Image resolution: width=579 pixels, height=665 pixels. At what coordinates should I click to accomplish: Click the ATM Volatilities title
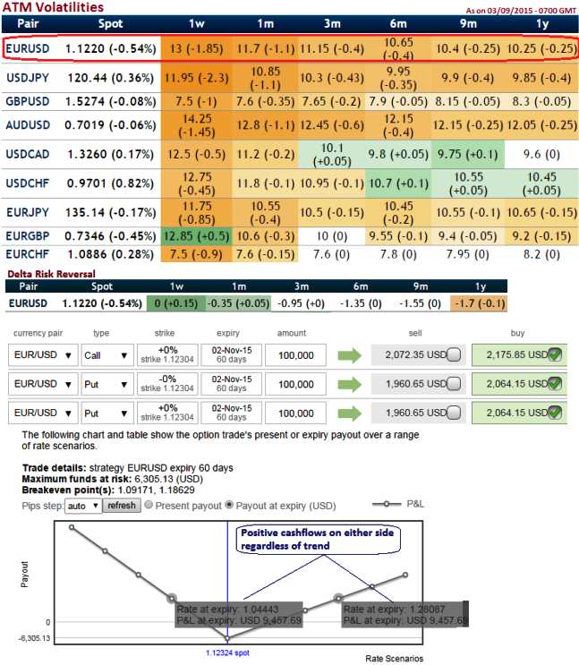(x=51, y=7)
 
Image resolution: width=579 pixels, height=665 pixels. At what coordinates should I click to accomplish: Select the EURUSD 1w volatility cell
(x=196, y=48)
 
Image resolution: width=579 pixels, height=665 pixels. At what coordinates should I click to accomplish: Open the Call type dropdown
(x=108, y=355)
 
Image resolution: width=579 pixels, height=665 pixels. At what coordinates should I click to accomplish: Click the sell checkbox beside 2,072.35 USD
(x=453, y=355)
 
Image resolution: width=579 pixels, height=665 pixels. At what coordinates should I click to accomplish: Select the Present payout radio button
(x=149, y=505)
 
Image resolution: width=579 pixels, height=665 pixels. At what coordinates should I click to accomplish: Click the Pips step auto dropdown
(x=83, y=505)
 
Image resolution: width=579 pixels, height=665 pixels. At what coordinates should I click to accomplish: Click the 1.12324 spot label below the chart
(x=228, y=652)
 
